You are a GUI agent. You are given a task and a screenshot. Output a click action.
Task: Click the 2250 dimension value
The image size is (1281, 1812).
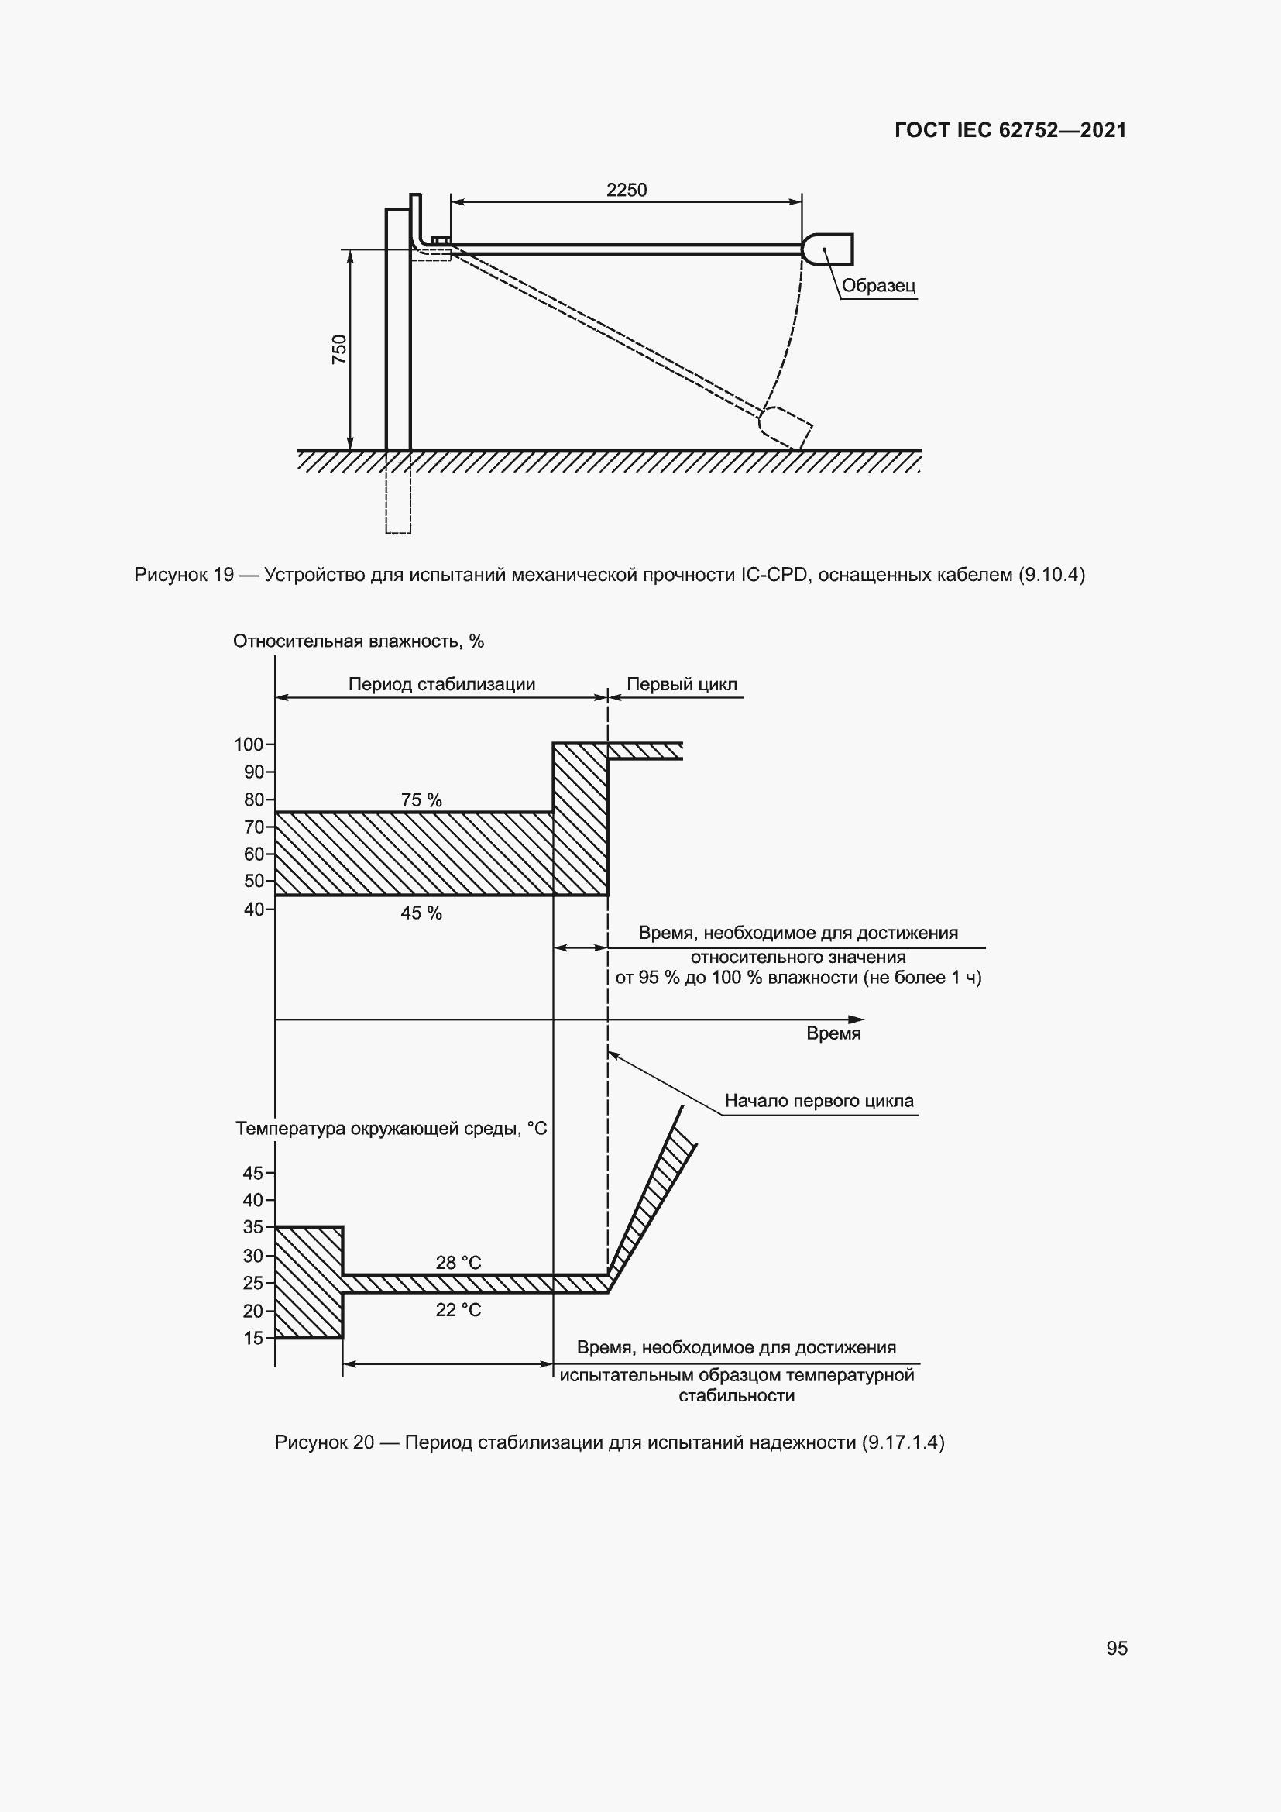tap(627, 191)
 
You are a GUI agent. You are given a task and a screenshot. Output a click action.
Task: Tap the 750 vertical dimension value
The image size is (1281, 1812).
tap(339, 349)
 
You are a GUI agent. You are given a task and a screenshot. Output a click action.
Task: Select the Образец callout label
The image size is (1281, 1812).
tap(878, 286)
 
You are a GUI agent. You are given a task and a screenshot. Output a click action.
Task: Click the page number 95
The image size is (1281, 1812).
tap(1116, 1648)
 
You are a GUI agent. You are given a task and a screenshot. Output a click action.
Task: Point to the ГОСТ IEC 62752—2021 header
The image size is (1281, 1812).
tap(1011, 131)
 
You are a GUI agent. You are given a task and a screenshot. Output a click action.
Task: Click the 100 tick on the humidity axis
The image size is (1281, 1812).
tap(249, 744)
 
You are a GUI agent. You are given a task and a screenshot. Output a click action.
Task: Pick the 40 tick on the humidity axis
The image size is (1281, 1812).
tap(255, 909)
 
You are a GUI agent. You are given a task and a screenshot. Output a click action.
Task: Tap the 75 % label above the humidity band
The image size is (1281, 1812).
tap(421, 800)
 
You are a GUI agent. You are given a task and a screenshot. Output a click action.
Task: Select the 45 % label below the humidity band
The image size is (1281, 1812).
tap(421, 913)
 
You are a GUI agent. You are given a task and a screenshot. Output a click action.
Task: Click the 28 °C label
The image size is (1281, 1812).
tap(458, 1263)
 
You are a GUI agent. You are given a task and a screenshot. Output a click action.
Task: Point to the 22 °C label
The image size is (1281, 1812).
tap(458, 1310)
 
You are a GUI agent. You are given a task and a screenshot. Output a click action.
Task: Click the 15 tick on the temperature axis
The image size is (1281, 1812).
tap(254, 1338)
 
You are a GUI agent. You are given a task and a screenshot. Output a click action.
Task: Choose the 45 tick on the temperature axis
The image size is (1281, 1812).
tap(254, 1174)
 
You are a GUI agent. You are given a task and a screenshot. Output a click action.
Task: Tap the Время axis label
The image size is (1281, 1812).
tap(833, 1034)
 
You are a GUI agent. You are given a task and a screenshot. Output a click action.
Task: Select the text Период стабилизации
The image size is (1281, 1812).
tap(441, 684)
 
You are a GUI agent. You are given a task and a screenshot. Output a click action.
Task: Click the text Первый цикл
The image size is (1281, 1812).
tap(682, 684)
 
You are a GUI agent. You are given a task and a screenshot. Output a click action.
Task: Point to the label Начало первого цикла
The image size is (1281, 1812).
tap(819, 1101)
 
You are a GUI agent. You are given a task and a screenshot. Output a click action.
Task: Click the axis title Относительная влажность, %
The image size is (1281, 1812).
tap(358, 641)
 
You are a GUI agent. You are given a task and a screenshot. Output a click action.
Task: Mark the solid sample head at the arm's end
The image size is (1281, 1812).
tap(829, 249)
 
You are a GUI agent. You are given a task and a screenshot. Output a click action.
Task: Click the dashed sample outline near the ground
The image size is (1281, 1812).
tap(785, 427)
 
